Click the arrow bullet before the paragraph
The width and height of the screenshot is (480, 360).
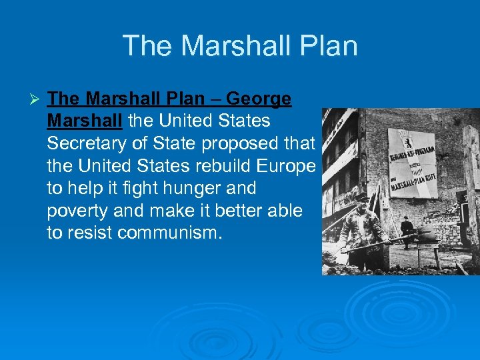pyautogui.click(x=37, y=100)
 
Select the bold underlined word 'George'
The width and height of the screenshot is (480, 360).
pyautogui.click(x=259, y=99)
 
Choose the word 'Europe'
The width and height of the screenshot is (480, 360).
pyautogui.click(x=291, y=167)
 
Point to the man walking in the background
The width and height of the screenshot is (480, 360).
pyautogui.click(x=407, y=231)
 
